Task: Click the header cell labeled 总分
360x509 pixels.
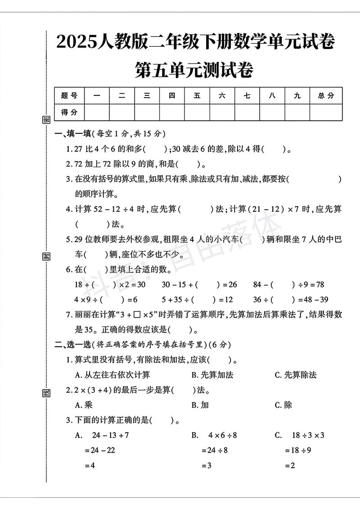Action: tap(326, 95)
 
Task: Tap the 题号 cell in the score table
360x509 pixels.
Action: tap(69, 95)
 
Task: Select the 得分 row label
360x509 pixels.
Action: tap(69, 112)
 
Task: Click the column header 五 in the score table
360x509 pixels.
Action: tap(197, 95)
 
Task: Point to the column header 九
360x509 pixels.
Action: tap(297, 95)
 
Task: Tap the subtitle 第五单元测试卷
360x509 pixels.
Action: tap(194, 70)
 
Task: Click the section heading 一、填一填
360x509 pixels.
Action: tap(73, 134)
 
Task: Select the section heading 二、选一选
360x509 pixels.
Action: tap(73, 345)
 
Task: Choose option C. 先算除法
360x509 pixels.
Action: tap(296, 375)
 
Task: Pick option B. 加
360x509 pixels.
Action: tap(200, 405)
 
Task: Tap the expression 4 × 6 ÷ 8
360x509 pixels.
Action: tap(222, 435)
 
